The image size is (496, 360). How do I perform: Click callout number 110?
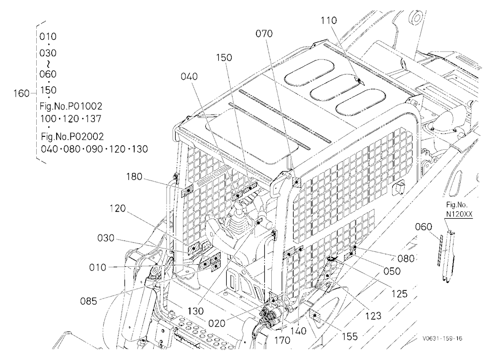point(329,20)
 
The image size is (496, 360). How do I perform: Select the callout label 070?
point(264,34)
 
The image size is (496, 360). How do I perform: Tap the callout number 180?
point(134,177)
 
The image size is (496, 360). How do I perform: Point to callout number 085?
point(89,301)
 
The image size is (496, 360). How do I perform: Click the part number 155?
point(350,337)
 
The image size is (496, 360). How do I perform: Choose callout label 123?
point(373,315)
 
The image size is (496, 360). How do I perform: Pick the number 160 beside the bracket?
point(21,94)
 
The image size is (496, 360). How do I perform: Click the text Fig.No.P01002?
point(71,106)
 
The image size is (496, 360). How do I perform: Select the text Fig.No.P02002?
point(72,137)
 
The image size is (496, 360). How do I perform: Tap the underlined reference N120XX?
point(459,214)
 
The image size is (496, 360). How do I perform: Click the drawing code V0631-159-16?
point(442,339)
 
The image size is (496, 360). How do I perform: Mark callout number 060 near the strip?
point(423,227)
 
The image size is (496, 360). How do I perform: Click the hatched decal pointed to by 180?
point(187,191)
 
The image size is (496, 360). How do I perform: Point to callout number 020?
point(217,323)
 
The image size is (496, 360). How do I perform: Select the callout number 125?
point(399,294)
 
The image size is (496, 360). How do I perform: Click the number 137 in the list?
point(93,119)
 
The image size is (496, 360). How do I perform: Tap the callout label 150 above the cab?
point(224,58)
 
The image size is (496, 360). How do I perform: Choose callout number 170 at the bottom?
point(282,340)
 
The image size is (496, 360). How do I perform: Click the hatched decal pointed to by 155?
point(315,317)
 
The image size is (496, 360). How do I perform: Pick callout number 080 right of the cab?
point(406,258)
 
